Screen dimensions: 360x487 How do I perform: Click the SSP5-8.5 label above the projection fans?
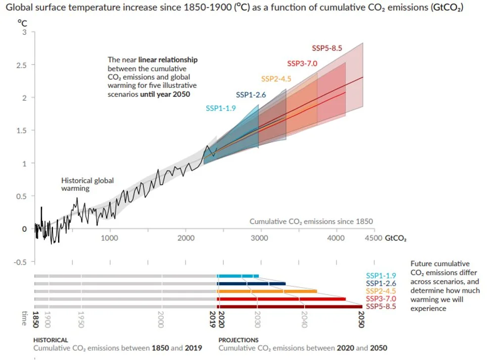[327, 48]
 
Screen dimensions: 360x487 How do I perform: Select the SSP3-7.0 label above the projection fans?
[302, 64]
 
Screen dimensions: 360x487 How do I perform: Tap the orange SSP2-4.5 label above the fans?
[276, 78]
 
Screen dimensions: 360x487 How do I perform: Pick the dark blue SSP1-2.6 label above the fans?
[251, 94]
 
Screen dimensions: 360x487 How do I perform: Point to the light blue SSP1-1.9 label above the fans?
[221, 108]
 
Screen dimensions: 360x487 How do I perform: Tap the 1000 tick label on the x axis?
[110, 237]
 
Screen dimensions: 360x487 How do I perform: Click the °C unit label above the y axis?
[22, 23]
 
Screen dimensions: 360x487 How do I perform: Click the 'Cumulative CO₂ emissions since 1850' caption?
[311, 221]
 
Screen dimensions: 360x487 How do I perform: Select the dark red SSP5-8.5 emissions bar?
[289, 306]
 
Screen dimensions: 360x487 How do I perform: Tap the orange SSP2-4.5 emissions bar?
[267, 291]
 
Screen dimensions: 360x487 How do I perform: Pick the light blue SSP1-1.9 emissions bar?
[237, 276]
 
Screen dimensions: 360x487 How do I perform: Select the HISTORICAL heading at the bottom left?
[51, 340]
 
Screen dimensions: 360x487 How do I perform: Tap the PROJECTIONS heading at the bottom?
[238, 340]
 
